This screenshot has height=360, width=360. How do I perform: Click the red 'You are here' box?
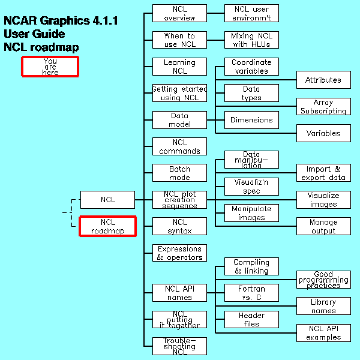(x=50, y=67)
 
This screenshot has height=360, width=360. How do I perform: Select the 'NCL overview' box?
(x=179, y=13)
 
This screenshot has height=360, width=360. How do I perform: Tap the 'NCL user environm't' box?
(x=251, y=13)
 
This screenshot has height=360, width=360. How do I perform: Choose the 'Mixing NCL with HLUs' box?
(x=251, y=40)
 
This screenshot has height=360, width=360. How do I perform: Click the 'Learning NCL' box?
(x=179, y=67)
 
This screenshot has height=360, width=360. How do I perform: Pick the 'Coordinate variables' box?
(x=251, y=67)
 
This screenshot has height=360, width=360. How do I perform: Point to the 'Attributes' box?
(x=323, y=80)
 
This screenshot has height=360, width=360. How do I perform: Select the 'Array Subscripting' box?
(x=323, y=107)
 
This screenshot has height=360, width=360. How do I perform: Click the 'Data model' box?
(x=179, y=120)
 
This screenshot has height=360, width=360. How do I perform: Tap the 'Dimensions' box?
(x=251, y=120)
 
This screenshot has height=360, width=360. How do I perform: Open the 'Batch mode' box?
(x=179, y=173)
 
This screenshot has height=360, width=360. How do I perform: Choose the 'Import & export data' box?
(x=323, y=173)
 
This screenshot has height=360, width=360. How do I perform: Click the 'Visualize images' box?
(x=323, y=200)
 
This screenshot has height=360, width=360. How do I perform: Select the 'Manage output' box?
(x=323, y=226)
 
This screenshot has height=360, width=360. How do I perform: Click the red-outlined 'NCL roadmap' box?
(x=108, y=226)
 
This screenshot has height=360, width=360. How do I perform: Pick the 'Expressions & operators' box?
(x=179, y=253)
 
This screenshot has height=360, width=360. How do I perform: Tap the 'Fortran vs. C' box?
(x=251, y=293)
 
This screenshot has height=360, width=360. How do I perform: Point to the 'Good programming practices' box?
(x=323, y=280)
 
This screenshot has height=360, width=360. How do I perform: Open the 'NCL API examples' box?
(x=323, y=333)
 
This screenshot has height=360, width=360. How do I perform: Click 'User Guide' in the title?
(x=34, y=34)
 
